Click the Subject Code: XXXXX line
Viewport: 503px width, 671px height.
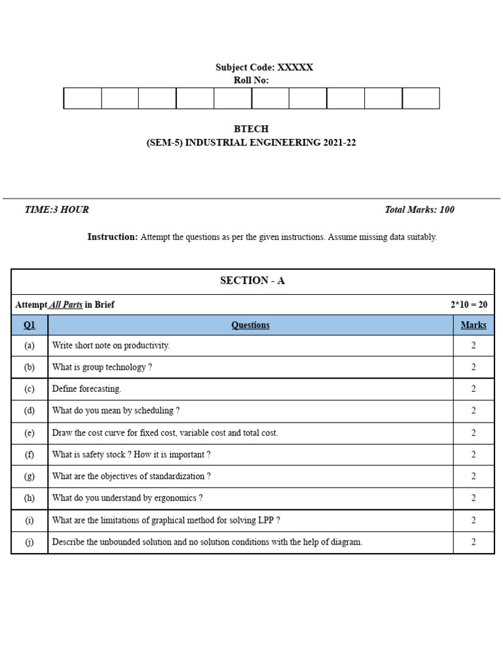click(264, 67)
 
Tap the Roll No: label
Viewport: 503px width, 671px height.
click(251, 80)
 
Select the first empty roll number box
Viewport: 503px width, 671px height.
click(83, 98)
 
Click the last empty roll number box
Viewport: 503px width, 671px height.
click(420, 98)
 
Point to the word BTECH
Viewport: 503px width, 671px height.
click(251, 129)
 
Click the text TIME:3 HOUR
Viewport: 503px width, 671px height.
click(56, 210)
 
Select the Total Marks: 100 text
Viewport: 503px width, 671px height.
click(419, 210)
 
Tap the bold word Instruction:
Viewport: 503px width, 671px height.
click(113, 237)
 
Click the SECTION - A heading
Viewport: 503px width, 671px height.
click(252, 280)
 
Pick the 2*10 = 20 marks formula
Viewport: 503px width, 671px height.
click(468, 305)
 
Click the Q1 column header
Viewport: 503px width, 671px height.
click(29, 325)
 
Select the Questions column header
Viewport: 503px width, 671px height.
click(250, 325)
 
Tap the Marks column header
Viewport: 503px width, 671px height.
click(473, 325)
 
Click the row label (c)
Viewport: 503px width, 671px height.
click(29, 389)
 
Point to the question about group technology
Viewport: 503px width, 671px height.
click(102, 367)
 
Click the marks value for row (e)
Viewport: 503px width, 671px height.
click(473, 432)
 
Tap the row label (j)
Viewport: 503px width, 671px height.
click(29, 542)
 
